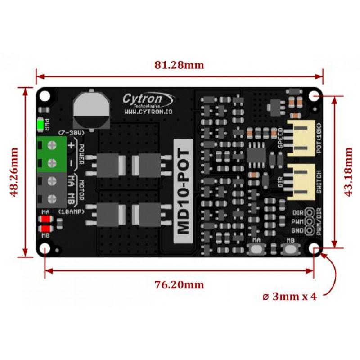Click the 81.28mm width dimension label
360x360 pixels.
[179, 65]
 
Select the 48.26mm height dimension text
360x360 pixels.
[14, 172]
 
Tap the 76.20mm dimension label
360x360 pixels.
[179, 285]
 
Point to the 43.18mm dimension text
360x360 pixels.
[348, 172]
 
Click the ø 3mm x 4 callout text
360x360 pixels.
[289, 297]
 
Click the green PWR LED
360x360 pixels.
[40, 125]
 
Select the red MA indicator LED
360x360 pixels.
[46, 219]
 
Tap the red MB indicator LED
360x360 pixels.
[46, 229]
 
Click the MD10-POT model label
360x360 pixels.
[183, 191]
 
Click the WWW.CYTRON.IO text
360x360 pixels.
[148, 112]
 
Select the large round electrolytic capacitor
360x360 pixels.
[91, 110]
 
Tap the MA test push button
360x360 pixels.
[256, 249]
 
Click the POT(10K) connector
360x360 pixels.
[301, 138]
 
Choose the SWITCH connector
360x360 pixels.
[301, 182]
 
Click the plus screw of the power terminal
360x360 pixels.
[52, 145]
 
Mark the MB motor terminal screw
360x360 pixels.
[52, 199]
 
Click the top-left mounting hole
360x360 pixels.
[45, 96]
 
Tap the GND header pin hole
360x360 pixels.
[310, 230]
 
